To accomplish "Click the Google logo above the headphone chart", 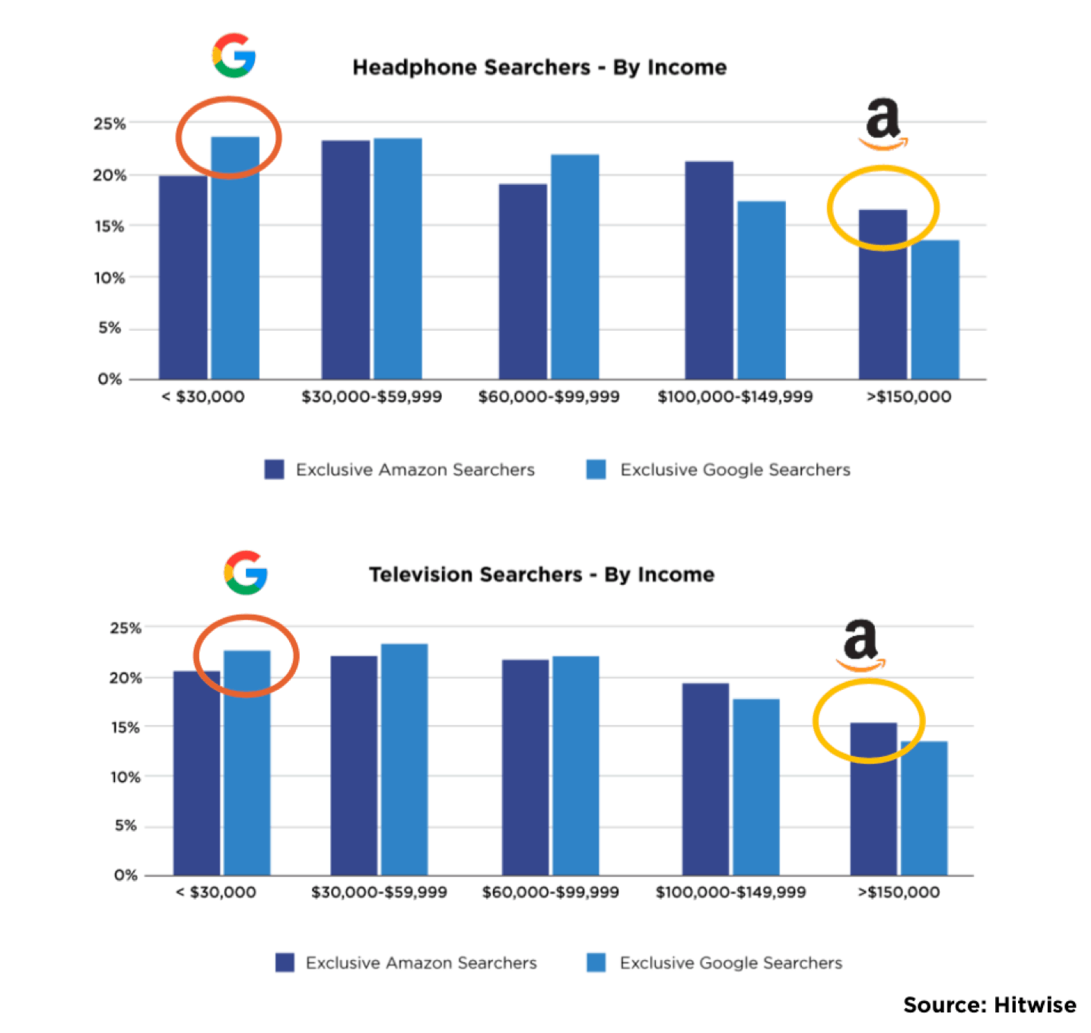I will (x=234, y=56).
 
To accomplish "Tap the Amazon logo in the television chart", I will (x=861, y=645).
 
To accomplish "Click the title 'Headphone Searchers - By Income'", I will (x=539, y=68).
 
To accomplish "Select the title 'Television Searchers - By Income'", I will (x=542, y=574).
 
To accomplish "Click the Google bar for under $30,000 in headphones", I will (x=235, y=259).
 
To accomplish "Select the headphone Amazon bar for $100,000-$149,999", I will (x=709, y=270).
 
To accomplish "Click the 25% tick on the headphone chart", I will (x=110, y=123).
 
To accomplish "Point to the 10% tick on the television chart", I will (x=126, y=777).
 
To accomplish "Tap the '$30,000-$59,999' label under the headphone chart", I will (x=371, y=397).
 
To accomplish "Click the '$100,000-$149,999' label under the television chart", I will (x=730, y=892).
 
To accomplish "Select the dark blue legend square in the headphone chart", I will (x=274, y=469).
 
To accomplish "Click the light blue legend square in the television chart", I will (x=596, y=962).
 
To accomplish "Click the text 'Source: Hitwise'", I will (x=989, y=1005).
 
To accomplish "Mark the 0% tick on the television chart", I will (x=126, y=875).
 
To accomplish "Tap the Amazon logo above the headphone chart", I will (x=883, y=123).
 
